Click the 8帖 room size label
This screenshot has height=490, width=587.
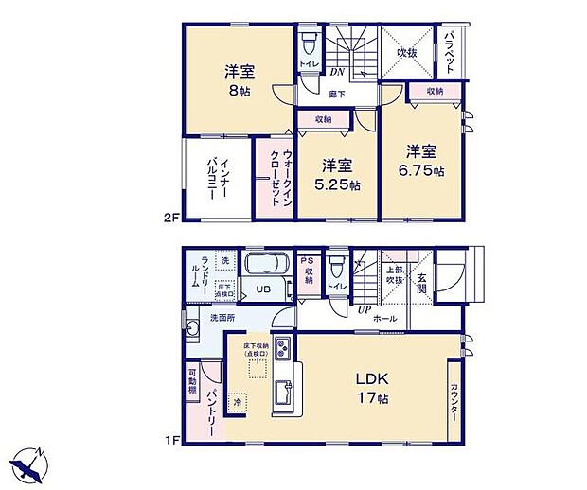pyautogui.click(x=237, y=92)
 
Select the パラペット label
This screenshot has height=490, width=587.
pyautogui.click(x=452, y=51)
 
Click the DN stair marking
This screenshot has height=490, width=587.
pyautogui.click(x=335, y=72)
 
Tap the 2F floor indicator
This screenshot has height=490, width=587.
pyautogui.click(x=169, y=217)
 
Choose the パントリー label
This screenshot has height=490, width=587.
pyautogui.click(x=214, y=408)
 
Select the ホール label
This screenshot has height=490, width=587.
pyautogui.click(x=384, y=319)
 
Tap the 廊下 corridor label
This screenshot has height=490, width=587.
pyautogui.click(x=337, y=94)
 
